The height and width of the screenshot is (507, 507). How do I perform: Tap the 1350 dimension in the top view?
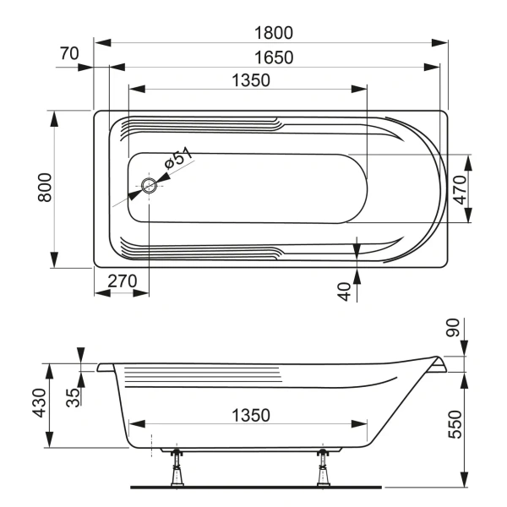coord(249,81)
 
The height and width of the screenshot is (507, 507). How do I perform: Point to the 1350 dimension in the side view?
coord(249,415)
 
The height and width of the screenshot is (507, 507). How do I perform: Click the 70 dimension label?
coord(69,53)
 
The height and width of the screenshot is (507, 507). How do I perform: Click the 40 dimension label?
coord(343,292)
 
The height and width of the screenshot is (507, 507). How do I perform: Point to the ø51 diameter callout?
coord(178,160)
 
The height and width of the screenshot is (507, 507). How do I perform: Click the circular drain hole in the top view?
coord(149,186)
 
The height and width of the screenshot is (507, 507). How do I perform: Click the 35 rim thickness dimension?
coord(74,396)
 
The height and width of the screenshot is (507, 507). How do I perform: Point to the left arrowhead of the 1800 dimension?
coord(99,41)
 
